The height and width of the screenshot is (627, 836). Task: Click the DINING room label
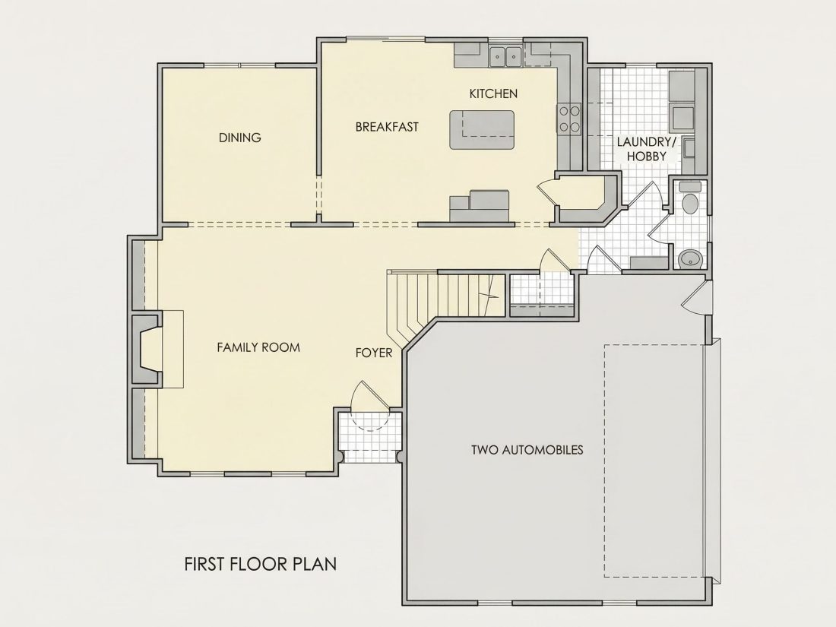click(x=240, y=138)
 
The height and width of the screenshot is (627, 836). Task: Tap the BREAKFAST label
click(x=387, y=127)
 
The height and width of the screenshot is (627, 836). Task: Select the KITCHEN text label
click(x=493, y=93)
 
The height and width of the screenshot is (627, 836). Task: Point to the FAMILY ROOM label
click(x=258, y=347)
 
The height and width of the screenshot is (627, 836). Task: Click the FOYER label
click(x=374, y=353)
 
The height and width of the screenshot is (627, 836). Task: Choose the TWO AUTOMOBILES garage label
click(x=527, y=450)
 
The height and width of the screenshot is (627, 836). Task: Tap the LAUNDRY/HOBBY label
click(x=646, y=149)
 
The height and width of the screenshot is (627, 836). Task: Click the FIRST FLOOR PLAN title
click(x=260, y=564)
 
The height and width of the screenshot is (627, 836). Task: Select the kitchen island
click(x=482, y=130)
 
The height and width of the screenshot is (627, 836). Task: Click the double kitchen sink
click(x=505, y=55)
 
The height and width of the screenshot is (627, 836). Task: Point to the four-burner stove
click(x=569, y=119)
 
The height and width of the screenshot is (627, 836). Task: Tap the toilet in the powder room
click(x=690, y=198)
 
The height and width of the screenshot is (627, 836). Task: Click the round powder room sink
click(x=690, y=258)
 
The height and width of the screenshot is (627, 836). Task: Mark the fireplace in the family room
click(x=146, y=350)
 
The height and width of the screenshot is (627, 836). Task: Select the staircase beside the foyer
click(x=445, y=304)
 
